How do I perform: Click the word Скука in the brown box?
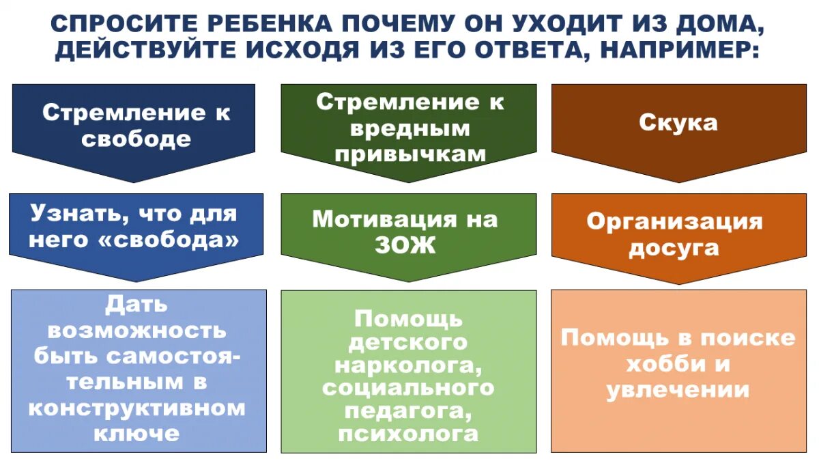[x=678, y=123]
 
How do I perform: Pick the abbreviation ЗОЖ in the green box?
[x=405, y=245]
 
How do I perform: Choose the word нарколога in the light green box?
[x=407, y=364]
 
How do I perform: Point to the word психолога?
[x=407, y=434]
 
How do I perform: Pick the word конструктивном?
[x=136, y=408]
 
